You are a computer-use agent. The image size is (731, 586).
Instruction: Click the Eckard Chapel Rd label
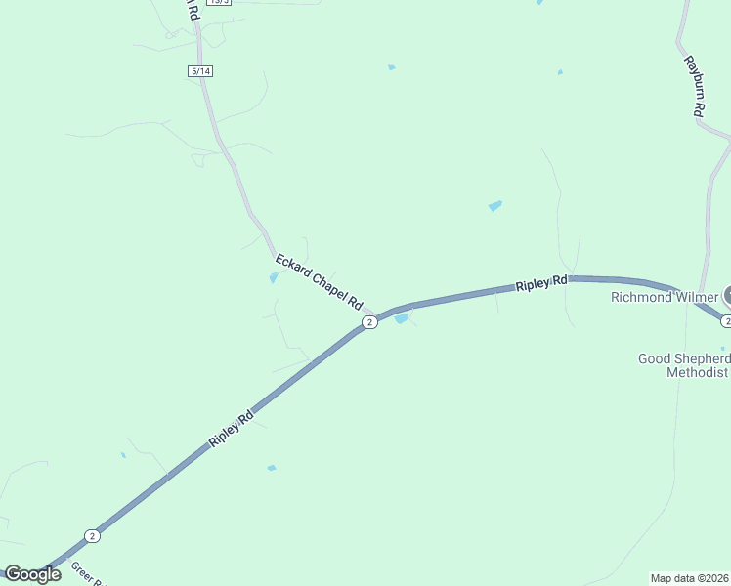point(319,281)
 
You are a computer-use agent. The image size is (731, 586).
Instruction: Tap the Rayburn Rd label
point(694,86)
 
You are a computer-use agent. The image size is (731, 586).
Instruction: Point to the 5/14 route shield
point(200,71)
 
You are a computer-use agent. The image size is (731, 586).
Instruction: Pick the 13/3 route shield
point(220,2)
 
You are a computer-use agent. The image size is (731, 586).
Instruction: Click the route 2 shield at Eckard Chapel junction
point(368,322)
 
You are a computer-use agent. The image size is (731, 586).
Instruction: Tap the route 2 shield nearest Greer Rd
point(92,535)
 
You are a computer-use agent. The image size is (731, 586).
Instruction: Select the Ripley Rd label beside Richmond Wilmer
point(541,284)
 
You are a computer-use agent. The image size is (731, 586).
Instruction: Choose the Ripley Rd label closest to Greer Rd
point(232,430)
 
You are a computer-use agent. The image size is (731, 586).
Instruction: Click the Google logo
point(31,574)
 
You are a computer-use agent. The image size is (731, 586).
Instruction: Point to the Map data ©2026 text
point(689,577)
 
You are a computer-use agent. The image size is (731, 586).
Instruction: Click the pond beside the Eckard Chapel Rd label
point(274,277)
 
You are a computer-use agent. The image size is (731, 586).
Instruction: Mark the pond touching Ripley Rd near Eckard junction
point(401,318)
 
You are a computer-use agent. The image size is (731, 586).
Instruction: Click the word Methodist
point(697,372)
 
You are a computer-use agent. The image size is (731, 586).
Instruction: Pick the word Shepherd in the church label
point(704,358)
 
